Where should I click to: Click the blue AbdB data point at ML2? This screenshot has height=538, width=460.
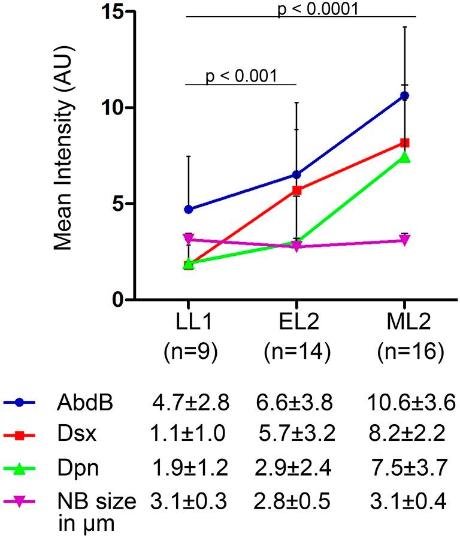click(x=405, y=96)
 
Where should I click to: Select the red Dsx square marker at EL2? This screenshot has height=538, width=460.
click(x=296, y=191)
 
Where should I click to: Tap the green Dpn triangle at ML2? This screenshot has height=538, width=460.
click(x=405, y=158)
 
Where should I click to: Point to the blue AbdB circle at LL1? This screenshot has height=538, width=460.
click(x=189, y=209)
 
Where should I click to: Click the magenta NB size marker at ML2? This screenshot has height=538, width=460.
click(x=405, y=240)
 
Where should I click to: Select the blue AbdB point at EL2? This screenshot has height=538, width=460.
click(x=296, y=174)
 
